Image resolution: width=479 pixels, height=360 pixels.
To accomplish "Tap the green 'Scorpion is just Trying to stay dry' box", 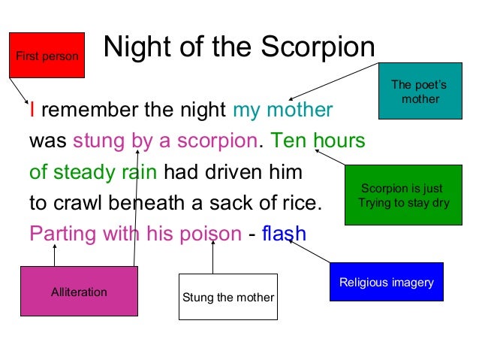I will [402, 195].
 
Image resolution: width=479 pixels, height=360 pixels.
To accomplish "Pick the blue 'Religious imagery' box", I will [387, 282].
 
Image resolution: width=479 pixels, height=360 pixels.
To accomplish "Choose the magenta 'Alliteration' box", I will [79, 292].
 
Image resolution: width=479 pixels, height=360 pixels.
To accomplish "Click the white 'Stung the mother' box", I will [228, 297].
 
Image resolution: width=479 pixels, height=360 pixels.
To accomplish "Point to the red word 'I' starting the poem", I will [32, 111].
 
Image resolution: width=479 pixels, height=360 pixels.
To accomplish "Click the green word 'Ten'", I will [288, 141].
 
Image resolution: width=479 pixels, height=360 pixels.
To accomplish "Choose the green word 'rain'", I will [138, 172].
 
